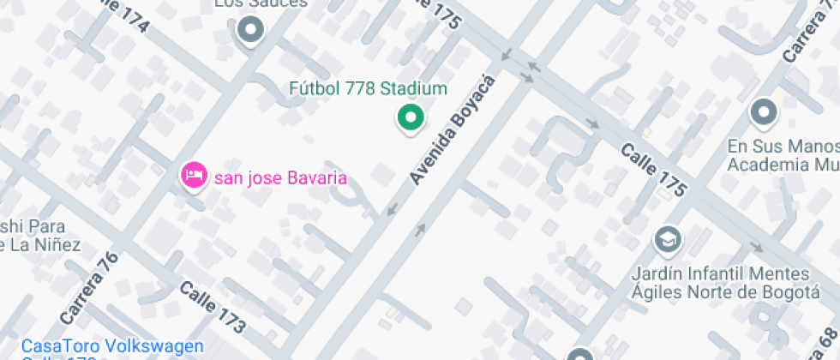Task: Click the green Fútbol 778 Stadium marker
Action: click(x=411, y=118)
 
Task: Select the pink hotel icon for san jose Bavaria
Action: click(x=194, y=175)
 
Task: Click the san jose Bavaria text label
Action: click(x=280, y=178)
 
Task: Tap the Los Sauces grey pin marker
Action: click(x=251, y=32)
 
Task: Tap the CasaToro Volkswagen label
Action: click(x=113, y=346)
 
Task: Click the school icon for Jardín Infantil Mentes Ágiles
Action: click(x=667, y=239)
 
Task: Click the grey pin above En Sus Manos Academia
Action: click(x=763, y=112)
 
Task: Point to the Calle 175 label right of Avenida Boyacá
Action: click(x=653, y=170)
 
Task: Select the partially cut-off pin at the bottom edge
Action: click(x=580, y=354)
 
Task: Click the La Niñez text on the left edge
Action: click(x=43, y=245)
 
